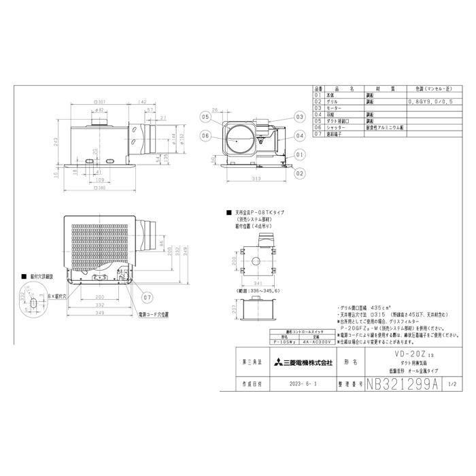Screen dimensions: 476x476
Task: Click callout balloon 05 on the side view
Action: click(x=205, y=117)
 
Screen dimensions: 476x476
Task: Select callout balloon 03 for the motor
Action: click(x=299, y=117)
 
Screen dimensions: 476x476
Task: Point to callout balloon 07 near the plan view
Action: click(x=148, y=297)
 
